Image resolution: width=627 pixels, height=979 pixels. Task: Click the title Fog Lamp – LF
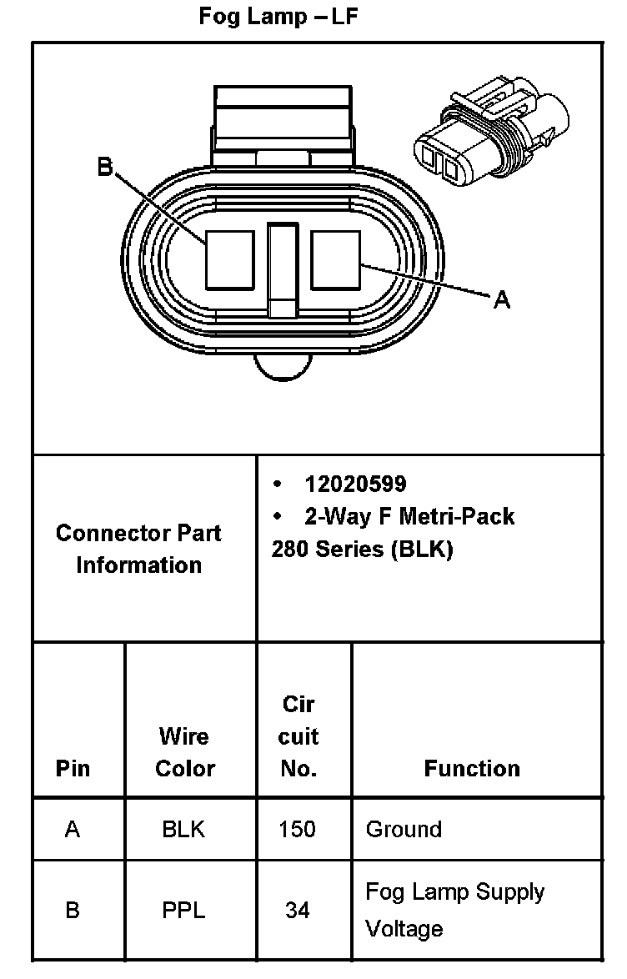tap(278, 16)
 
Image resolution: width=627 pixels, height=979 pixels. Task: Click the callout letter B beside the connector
tap(105, 167)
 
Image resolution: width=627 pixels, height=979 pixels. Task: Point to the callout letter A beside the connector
tap(502, 300)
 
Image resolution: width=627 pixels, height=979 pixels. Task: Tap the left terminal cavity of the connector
tap(230, 260)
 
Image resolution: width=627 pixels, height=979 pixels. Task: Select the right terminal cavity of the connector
tap(336, 260)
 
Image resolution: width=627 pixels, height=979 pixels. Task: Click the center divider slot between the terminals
tap(283, 270)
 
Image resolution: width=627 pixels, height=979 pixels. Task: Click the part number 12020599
tap(355, 484)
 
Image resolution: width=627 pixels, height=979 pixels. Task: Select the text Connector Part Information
tap(138, 549)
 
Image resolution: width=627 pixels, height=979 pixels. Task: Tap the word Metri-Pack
tap(457, 516)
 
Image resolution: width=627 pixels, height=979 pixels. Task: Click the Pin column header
tap(73, 768)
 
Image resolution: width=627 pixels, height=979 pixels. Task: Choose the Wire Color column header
tap(185, 751)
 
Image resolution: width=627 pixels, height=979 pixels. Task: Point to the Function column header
tap(472, 768)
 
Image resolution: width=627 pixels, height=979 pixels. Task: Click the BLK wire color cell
tap(183, 829)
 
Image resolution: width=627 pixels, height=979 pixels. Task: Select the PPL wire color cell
tap(183, 911)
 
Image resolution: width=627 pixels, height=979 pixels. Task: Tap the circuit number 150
tap(298, 829)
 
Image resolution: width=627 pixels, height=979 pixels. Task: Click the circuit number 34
tap(298, 911)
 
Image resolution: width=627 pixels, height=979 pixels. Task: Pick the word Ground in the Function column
tap(404, 829)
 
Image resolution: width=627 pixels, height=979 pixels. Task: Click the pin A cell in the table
tap(73, 829)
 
